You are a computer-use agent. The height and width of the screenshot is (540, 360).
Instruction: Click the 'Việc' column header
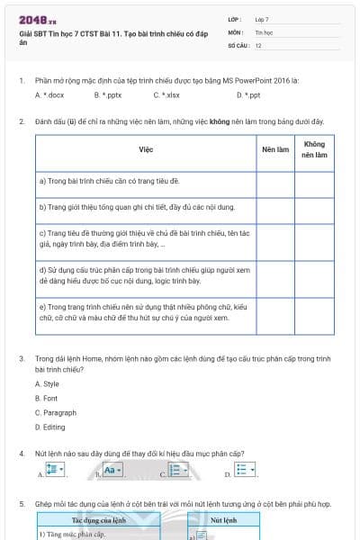(146, 149)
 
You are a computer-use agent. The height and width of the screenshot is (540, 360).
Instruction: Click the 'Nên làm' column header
(274, 149)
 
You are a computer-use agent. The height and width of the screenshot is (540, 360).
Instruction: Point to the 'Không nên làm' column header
(314, 149)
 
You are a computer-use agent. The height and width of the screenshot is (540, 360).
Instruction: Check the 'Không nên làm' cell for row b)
(314, 207)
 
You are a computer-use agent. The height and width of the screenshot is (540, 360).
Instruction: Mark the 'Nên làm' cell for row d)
(274, 274)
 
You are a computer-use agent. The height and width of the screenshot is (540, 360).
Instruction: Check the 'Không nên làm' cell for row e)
(314, 311)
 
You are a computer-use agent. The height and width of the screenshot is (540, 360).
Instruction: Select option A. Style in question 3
(47, 384)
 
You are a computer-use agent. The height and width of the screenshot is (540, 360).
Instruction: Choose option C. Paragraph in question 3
(55, 412)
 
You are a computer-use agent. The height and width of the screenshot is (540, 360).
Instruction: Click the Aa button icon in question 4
(112, 470)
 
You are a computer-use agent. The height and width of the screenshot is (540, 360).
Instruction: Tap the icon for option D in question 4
(245, 470)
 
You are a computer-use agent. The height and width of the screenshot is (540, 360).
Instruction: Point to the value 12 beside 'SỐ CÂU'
(258, 44)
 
